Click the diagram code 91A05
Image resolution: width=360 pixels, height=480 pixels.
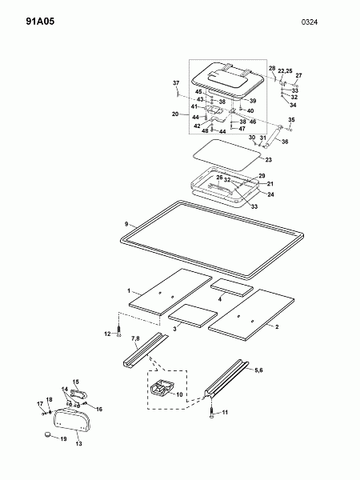40,22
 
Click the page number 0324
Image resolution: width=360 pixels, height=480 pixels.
310,22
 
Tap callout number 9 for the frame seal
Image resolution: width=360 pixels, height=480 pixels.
126,224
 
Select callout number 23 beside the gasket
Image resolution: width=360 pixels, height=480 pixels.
269,160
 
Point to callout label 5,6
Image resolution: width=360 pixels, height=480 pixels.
258,370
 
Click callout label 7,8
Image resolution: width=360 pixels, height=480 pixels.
135,338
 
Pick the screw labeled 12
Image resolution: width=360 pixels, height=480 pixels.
118,331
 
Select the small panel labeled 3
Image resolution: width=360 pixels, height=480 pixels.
193,316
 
